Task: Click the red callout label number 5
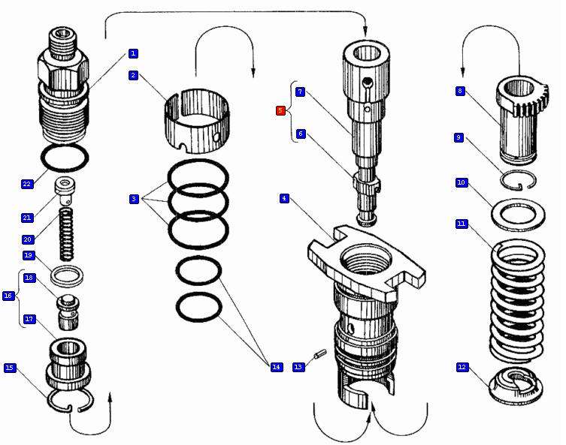point(280,110)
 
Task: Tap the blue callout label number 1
point(133,53)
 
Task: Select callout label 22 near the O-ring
point(27,184)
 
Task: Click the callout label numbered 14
point(277,367)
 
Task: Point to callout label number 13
point(298,367)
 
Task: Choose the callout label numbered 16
point(8,296)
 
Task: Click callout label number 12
point(462,367)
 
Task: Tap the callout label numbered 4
point(284,198)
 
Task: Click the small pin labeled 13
point(319,352)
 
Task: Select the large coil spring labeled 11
point(517,300)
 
